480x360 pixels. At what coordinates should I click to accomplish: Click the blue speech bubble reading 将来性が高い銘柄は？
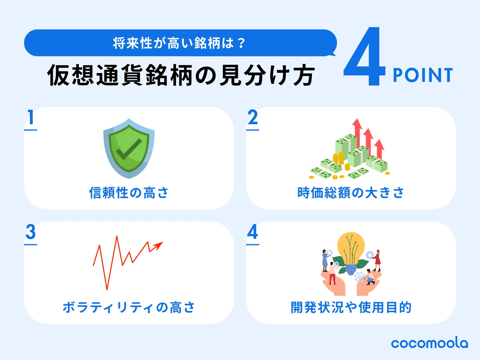click(180, 43)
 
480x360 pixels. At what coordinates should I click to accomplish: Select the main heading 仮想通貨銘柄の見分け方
click(181, 75)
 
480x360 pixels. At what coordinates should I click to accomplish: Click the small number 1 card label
click(31, 117)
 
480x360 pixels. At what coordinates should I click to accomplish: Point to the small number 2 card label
click(253, 117)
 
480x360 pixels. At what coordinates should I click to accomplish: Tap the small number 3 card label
click(31, 232)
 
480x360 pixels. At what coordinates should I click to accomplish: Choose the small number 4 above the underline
click(253, 232)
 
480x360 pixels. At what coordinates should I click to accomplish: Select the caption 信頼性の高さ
click(129, 193)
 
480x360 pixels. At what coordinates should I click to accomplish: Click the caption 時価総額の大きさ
click(351, 193)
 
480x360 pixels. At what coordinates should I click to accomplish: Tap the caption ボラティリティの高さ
click(129, 307)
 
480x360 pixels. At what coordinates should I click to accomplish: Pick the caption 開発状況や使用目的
click(351, 307)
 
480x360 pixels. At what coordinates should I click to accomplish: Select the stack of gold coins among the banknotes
click(338, 158)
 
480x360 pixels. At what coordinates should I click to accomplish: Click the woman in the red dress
click(377, 259)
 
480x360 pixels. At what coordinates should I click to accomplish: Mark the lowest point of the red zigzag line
click(107, 289)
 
